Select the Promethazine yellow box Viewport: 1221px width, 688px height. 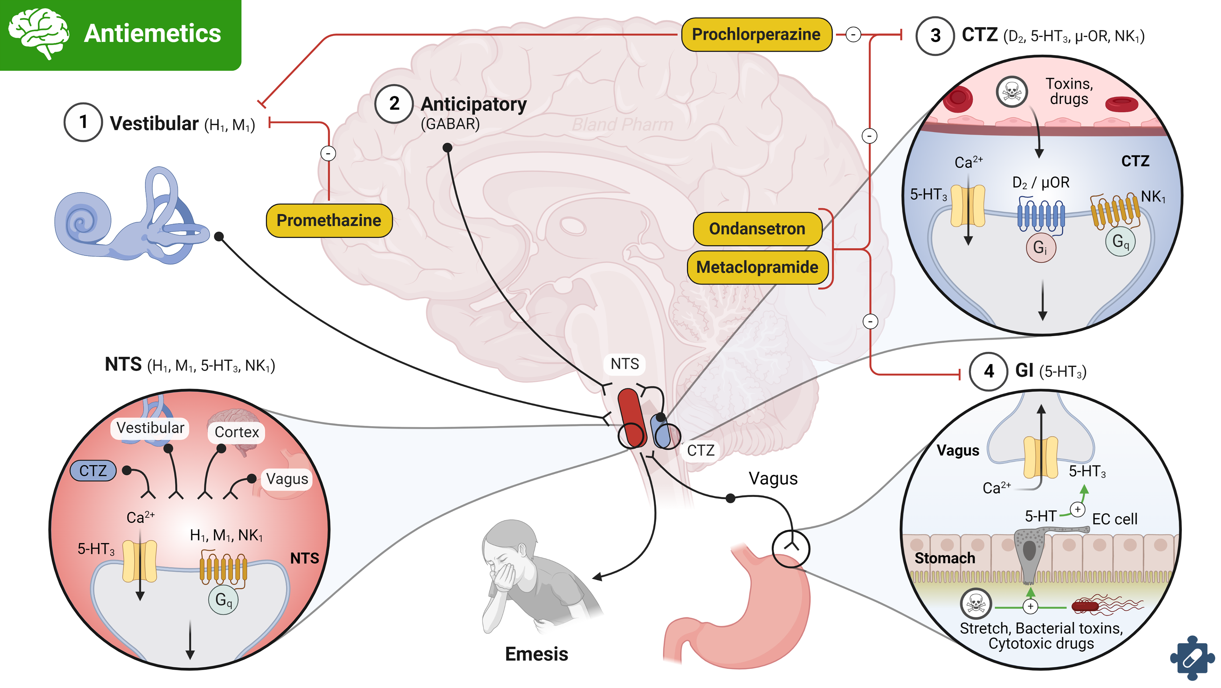coord(329,220)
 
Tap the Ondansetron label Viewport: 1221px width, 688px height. coord(757,229)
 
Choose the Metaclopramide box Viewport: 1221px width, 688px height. coord(757,267)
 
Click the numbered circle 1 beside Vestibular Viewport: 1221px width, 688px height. coord(83,122)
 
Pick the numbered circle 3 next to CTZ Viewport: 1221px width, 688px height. coord(935,36)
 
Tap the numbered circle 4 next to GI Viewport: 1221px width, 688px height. coord(988,371)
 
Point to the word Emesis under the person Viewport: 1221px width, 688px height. coord(536,654)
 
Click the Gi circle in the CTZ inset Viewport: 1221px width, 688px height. coord(1040,247)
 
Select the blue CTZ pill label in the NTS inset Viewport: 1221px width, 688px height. coord(93,471)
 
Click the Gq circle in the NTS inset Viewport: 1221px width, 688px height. coord(223,600)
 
